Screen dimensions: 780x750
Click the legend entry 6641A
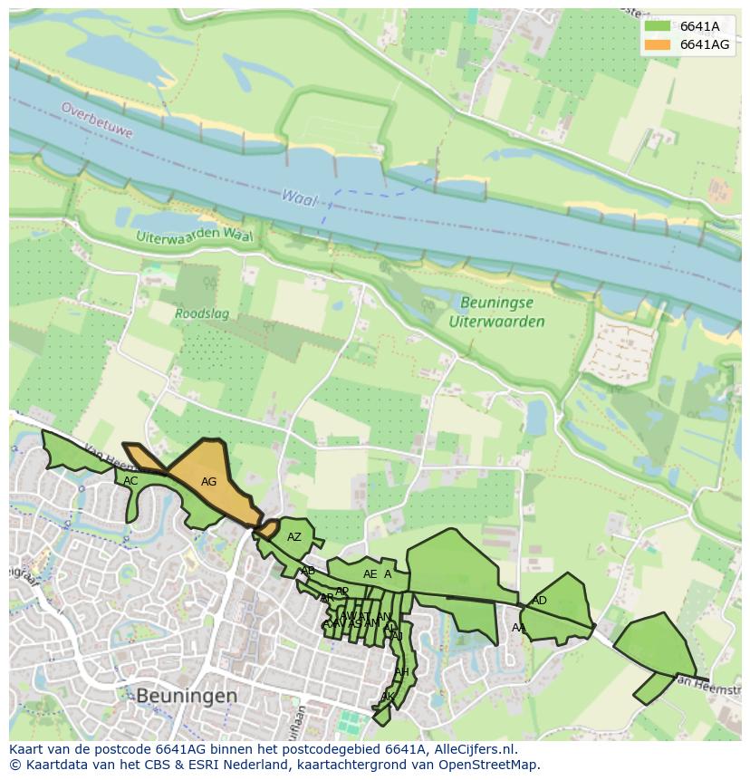click(698, 26)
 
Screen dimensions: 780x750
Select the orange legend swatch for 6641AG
click(658, 44)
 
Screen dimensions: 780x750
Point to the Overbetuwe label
click(97, 120)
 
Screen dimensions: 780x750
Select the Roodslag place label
click(201, 314)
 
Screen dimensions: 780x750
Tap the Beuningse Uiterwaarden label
click(496, 313)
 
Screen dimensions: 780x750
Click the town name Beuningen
click(187, 695)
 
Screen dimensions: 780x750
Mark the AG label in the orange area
click(208, 482)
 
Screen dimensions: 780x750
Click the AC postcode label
click(130, 481)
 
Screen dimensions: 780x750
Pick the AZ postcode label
click(293, 537)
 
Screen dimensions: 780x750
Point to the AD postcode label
click(539, 601)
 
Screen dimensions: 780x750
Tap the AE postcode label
click(370, 574)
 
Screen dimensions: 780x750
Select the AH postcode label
click(401, 671)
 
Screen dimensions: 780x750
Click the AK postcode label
click(387, 697)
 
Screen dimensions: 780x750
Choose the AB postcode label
click(308, 571)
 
